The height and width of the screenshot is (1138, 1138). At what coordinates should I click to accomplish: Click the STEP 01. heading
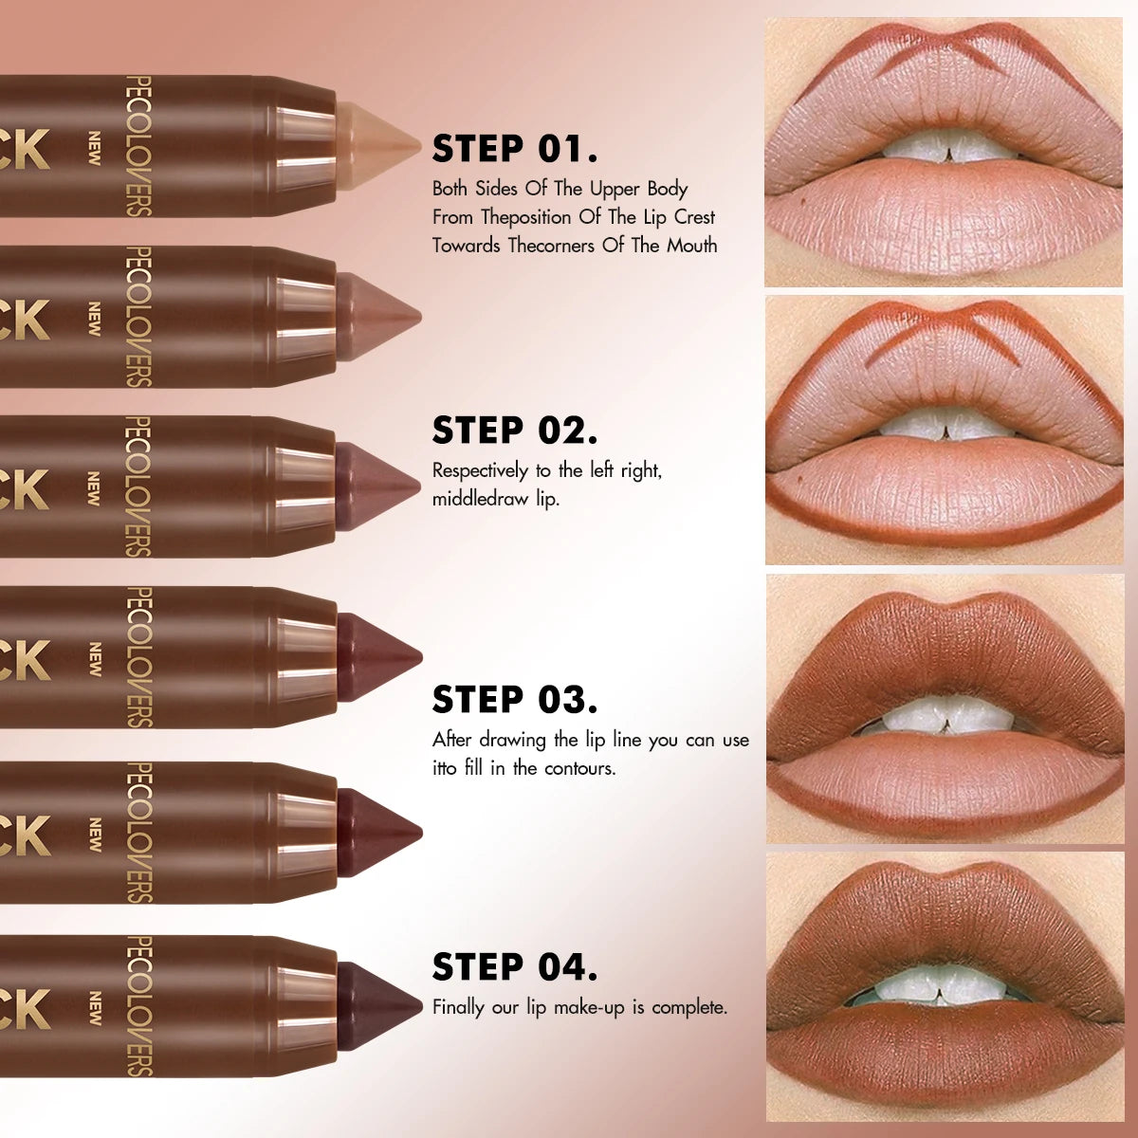tap(515, 149)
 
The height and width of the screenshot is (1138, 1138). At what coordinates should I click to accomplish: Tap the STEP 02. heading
tap(515, 431)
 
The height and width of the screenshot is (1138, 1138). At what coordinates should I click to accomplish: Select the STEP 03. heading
tap(515, 700)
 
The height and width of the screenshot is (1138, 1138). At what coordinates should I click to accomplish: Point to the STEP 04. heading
tap(515, 967)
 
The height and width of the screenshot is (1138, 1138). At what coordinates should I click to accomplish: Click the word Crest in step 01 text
tap(694, 217)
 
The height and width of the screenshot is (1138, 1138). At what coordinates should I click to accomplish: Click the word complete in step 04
tap(688, 1007)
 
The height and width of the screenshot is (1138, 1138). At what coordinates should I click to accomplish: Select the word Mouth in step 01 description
tap(691, 246)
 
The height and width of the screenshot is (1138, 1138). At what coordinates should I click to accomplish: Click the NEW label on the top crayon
tap(94, 148)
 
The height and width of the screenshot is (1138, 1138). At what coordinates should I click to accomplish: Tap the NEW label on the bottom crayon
tap(94, 1008)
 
